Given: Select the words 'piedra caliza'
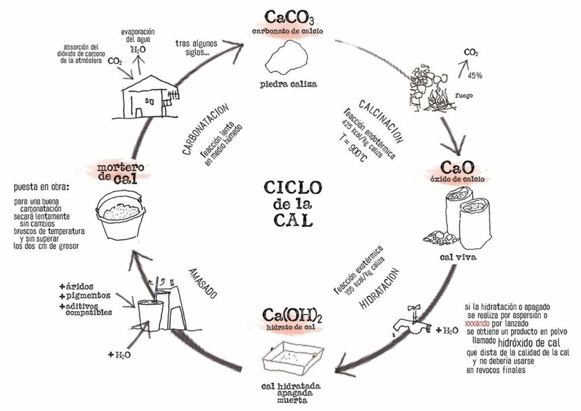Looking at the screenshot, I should [x=289, y=85].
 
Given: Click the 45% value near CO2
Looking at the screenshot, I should [x=475, y=75].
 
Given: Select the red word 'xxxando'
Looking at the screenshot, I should [x=479, y=323].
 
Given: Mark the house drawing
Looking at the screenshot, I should [x=146, y=99].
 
